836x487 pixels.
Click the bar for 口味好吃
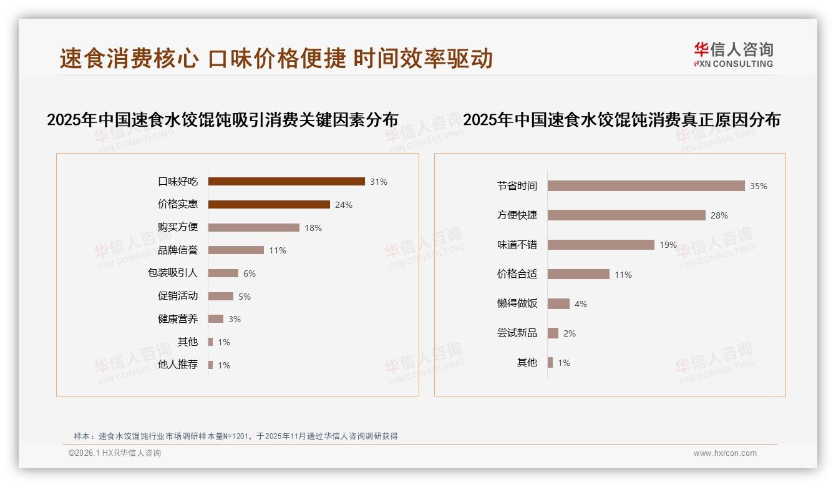[x=286, y=182]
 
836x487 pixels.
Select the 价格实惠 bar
[x=269, y=204]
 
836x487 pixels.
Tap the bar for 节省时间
[x=646, y=186]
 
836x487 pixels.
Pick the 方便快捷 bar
[x=626, y=215]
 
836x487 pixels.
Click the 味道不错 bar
[x=601, y=245]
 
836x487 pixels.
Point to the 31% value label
[x=379, y=182]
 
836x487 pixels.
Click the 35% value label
[x=759, y=186]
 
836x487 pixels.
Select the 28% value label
[x=719, y=215]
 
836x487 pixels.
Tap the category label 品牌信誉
[x=178, y=250]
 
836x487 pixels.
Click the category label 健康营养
[x=178, y=319]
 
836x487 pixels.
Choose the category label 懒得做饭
[x=517, y=304]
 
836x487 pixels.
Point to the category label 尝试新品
[x=517, y=333]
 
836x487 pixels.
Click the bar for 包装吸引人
[x=223, y=273]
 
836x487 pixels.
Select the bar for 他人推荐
[x=211, y=365]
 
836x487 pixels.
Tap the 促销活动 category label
[x=178, y=296]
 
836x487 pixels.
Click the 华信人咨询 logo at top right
[x=734, y=54]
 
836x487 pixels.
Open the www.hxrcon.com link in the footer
[x=725, y=453]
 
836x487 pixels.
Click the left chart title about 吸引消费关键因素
[x=223, y=120]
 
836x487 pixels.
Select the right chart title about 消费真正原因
[x=621, y=120]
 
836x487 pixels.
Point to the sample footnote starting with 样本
[x=236, y=436]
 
